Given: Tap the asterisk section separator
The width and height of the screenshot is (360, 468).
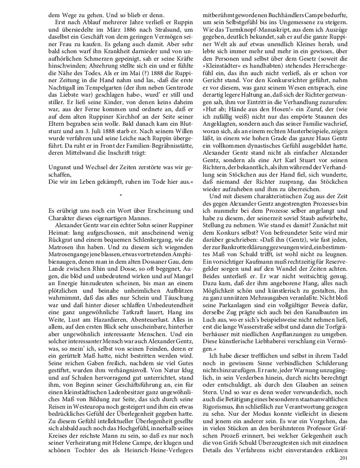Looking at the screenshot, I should pos(120,194).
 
